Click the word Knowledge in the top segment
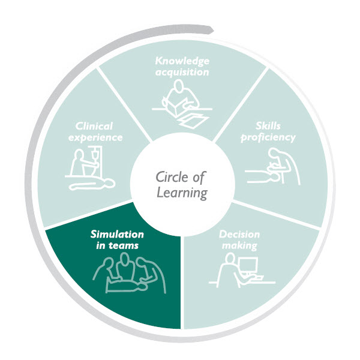tap(181, 61)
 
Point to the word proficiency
tap(268, 138)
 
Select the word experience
tap(99, 137)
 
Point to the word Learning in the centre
tap(181, 193)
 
